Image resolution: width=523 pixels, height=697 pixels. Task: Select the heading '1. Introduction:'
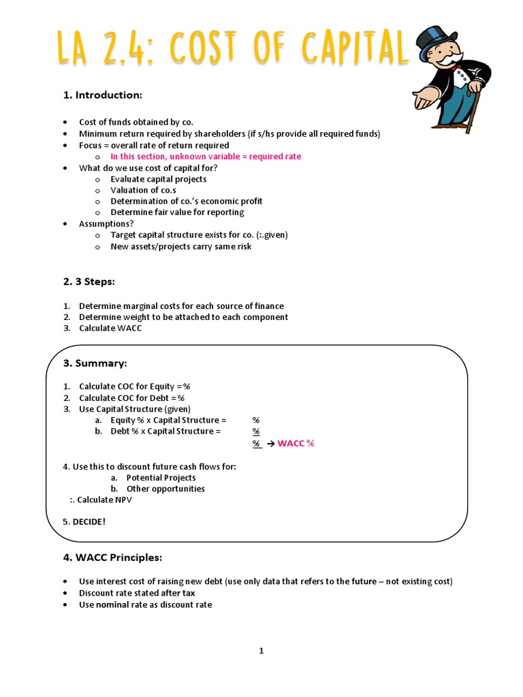[x=103, y=95]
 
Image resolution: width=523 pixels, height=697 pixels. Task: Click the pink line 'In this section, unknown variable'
[x=206, y=157]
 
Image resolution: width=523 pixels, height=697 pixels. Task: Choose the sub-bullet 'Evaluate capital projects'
[x=159, y=179]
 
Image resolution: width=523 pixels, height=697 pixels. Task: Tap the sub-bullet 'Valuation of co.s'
[x=144, y=190]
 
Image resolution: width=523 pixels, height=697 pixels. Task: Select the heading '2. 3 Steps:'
[x=91, y=281]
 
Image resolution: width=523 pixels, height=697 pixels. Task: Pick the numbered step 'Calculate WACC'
[x=110, y=328]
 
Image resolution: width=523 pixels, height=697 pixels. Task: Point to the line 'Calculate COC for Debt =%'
[x=131, y=398]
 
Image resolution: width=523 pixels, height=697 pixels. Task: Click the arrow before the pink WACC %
[x=270, y=444]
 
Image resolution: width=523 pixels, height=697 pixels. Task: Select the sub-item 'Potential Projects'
[x=161, y=478]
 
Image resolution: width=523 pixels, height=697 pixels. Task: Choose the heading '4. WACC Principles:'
[x=112, y=557]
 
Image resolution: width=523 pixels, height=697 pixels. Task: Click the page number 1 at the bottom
[x=261, y=651]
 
